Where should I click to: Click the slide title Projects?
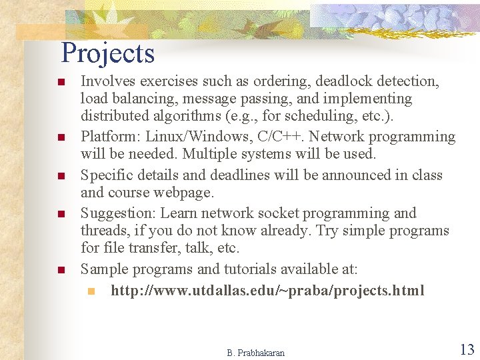point(107,53)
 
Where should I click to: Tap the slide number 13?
point(467,349)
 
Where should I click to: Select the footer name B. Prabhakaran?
point(255,353)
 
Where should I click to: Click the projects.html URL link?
point(267,291)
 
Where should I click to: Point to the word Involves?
point(105,81)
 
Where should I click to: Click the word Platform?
point(109,137)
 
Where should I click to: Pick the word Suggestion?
point(118,213)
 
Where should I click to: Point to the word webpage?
point(183,193)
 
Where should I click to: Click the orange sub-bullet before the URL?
point(91,291)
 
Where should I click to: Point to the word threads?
point(105,231)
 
